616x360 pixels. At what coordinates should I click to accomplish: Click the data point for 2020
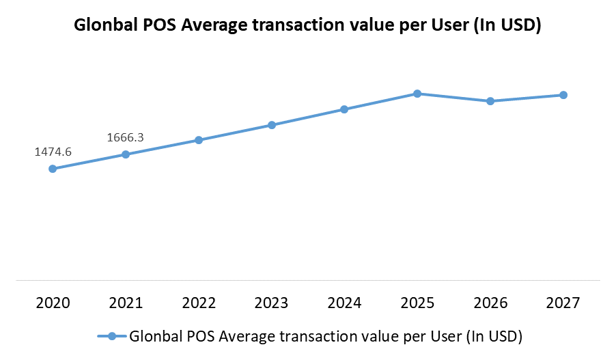pos(53,169)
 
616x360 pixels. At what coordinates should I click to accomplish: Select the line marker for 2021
pos(126,154)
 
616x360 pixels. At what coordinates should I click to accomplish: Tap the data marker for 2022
pos(199,140)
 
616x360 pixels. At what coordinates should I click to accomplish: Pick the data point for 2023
pos(272,125)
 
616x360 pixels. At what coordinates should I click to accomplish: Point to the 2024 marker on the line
pos(344,109)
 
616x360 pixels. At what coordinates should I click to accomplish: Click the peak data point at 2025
pos(417,94)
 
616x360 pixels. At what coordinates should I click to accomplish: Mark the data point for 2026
pos(490,101)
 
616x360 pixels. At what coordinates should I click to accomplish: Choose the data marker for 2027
pos(563,95)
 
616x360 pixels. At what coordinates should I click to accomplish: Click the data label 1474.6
pos(53,152)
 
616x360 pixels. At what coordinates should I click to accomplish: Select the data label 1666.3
pos(126,138)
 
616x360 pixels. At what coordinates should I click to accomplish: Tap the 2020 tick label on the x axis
pos(53,302)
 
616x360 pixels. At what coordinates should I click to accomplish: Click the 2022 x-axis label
pos(199,302)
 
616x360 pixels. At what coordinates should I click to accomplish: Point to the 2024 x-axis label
pos(344,302)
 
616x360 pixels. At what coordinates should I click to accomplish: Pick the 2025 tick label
pos(417,302)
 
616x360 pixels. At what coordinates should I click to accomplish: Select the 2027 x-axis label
pos(563,302)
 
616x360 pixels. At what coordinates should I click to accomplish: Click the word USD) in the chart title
pos(522,26)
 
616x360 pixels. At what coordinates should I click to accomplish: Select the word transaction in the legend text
pos(307,336)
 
